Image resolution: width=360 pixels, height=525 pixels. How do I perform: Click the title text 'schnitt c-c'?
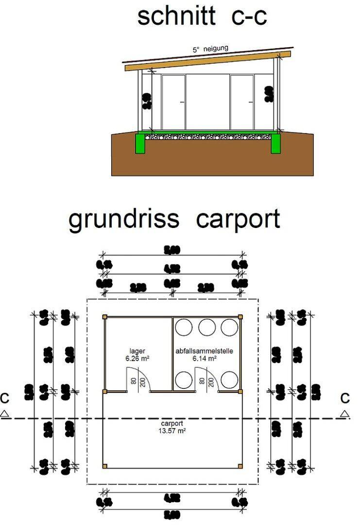pyautogui.click(x=202, y=17)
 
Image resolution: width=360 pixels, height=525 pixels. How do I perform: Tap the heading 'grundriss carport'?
pyautogui.click(x=174, y=219)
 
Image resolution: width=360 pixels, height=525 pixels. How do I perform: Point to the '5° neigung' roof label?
pyautogui.click(x=209, y=49)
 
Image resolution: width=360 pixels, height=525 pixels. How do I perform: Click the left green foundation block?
pyautogui.click(x=141, y=144)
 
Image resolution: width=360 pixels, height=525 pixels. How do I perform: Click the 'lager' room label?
pyautogui.click(x=137, y=350)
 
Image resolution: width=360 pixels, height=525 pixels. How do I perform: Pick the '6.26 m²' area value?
pyautogui.click(x=137, y=358)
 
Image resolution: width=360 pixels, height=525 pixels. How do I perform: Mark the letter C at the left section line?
pyautogui.click(x=5, y=399)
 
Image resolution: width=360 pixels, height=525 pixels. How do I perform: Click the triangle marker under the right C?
pyautogui.click(x=344, y=414)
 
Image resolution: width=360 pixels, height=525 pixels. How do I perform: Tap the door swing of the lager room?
pyautogui.click(x=141, y=379)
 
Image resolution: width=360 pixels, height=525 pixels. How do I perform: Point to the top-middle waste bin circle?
pyautogui.click(x=206, y=327)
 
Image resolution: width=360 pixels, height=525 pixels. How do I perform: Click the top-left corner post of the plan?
pyautogui.click(x=104, y=317)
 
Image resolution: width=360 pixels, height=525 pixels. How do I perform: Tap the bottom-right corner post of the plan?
pyautogui.click(x=240, y=467)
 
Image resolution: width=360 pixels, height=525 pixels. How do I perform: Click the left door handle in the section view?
pyautogui.click(x=181, y=102)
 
